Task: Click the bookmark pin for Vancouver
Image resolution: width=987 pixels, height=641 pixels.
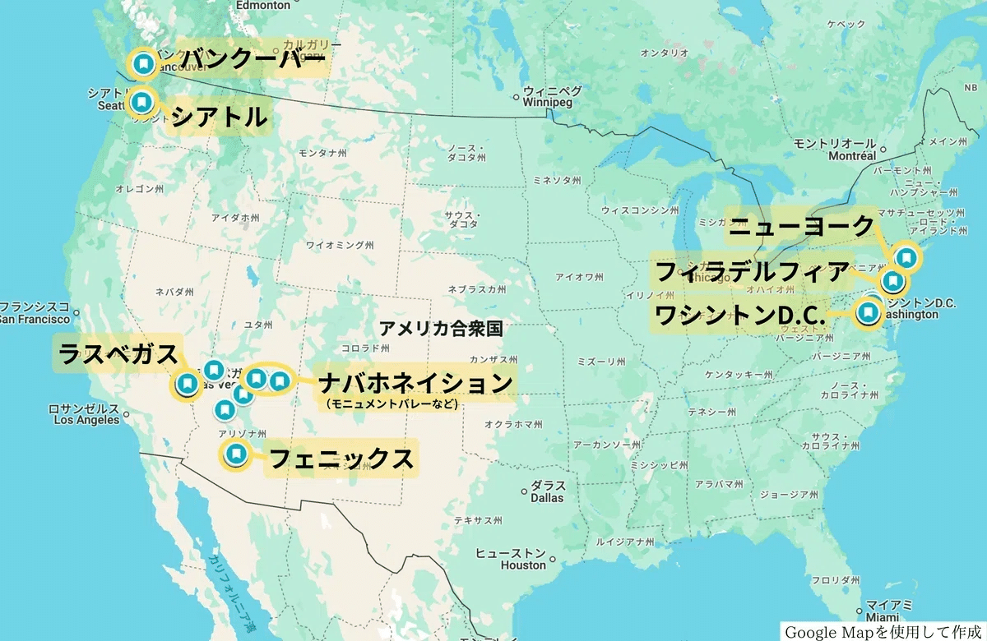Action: pos(143,63)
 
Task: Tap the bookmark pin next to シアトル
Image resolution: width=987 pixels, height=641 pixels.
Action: pos(142,103)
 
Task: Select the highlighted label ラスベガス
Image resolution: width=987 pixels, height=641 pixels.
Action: pos(118,355)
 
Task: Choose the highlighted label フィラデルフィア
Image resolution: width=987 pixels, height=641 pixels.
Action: pos(751,271)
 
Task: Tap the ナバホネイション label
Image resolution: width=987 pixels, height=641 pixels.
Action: pos(415,382)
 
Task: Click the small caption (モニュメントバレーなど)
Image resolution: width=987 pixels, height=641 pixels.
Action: pos(390,404)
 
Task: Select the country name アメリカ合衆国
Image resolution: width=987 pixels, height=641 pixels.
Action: pos(440,329)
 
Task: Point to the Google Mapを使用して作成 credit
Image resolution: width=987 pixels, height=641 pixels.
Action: pos(882,632)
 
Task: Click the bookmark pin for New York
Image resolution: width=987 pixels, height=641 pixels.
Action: pos(906,257)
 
